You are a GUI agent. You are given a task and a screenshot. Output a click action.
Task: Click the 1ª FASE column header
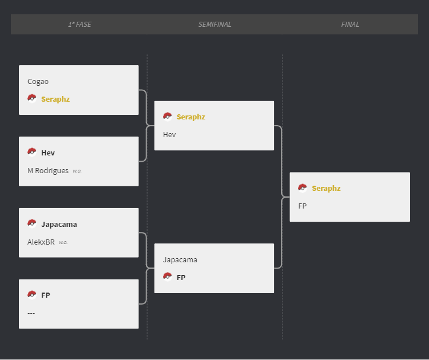[80, 25]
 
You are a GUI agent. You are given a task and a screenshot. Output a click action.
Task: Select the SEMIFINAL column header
[214, 25]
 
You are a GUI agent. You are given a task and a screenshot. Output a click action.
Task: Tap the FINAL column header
[350, 25]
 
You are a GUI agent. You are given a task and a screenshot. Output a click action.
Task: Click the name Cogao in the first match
[38, 82]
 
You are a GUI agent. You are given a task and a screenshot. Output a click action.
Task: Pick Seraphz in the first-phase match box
[55, 99]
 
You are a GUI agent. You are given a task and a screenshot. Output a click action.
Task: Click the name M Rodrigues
[48, 170]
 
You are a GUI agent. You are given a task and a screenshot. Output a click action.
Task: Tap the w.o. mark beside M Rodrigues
[77, 171]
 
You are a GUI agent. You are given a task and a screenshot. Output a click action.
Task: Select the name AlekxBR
[41, 242]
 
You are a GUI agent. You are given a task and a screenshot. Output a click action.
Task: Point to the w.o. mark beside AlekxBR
[63, 242]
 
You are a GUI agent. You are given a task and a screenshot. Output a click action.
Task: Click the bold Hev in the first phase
[48, 153]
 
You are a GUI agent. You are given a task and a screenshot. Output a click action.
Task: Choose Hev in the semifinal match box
[169, 134]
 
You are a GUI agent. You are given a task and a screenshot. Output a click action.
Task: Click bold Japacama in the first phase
[59, 224]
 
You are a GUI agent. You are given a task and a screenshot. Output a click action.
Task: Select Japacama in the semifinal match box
[180, 259]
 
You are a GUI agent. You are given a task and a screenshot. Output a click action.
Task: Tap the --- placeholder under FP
[31, 313]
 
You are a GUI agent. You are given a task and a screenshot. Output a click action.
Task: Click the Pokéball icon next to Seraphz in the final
[303, 188]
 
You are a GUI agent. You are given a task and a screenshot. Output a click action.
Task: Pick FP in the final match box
[303, 206]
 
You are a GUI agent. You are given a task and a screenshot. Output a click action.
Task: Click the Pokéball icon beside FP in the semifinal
[167, 277]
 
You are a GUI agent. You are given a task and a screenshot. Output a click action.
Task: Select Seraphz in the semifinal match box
[191, 117]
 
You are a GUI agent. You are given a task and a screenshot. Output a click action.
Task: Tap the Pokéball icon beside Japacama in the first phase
[31, 223]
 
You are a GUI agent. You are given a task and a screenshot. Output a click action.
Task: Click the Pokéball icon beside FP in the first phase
[31, 295]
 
